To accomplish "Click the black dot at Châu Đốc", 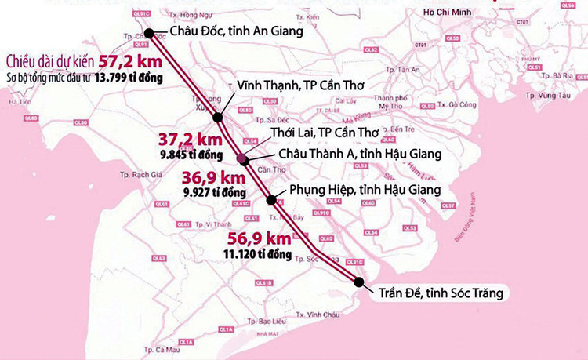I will pos(153,33).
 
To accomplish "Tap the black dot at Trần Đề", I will pos(359,282).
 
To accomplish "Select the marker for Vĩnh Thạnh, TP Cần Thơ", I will pos(218,119).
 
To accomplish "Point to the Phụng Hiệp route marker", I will pos(272,200).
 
